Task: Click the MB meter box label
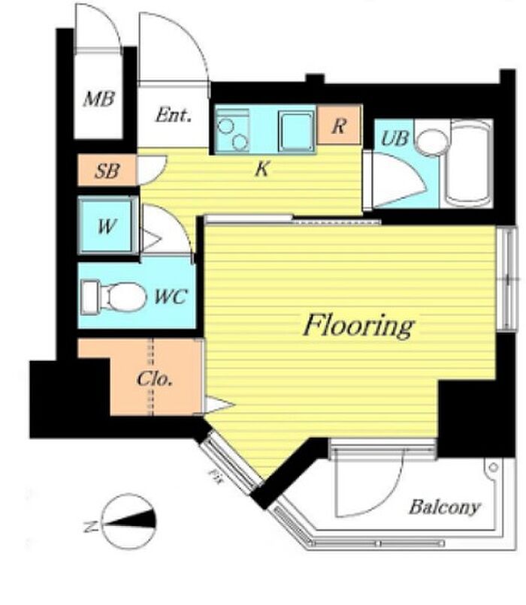click(99, 99)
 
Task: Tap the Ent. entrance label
click(174, 115)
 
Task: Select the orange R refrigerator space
click(339, 125)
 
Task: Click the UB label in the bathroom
click(394, 138)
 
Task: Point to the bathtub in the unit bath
click(468, 163)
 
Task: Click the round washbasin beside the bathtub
click(433, 141)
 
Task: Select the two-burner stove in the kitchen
click(232, 130)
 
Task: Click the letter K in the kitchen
click(261, 169)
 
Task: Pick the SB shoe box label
click(107, 170)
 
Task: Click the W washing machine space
click(107, 226)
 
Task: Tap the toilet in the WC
click(114, 296)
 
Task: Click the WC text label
click(171, 296)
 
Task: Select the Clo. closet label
click(155, 379)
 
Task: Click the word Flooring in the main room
click(359, 327)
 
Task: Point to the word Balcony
click(445, 507)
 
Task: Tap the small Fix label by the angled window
click(213, 476)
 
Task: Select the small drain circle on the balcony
click(493, 467)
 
